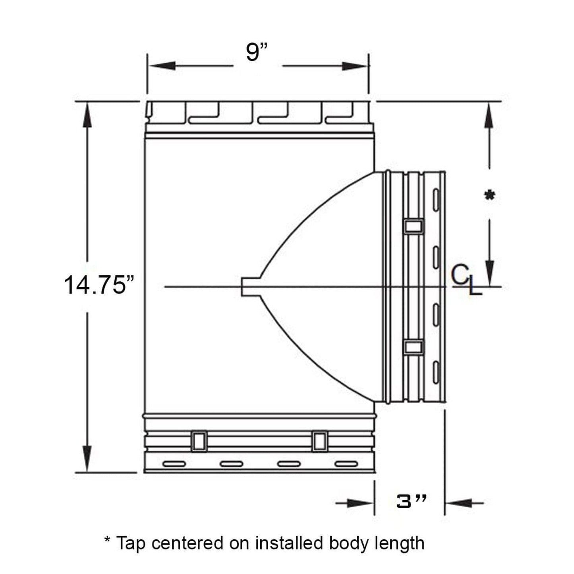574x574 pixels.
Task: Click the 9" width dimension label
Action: [257, 52]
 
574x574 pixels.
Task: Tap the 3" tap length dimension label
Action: [412, 502]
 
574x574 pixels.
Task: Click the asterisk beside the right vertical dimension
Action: [490, 195]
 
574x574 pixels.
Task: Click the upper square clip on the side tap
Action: [414, 226]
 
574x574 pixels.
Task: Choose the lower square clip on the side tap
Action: [414, 347]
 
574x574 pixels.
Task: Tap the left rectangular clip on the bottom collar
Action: [199, 441]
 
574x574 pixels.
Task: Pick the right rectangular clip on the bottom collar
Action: [320, 441]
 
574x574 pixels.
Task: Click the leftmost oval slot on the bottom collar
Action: [174, 464]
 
